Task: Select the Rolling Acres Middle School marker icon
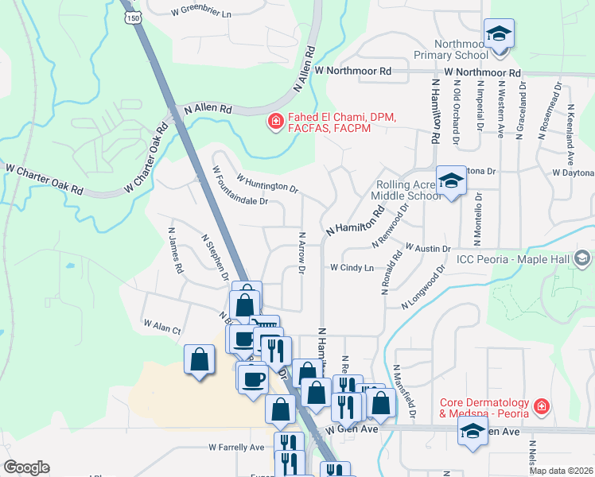pos(451,181)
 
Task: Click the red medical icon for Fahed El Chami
pos(275,121)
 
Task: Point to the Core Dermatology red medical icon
pos(542,406)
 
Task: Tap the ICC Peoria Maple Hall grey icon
pos(582,258)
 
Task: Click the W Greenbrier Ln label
pos(201,14)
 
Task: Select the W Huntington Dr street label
pos(266,184)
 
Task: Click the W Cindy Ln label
pos(352,268)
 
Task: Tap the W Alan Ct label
pos(162,325)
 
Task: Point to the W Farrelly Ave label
pos(235,448)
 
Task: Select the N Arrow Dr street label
pos(301,253)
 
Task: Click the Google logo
pos(26,467)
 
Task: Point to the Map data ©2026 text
pos(561,471)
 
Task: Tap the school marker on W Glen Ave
pos(472,432)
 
